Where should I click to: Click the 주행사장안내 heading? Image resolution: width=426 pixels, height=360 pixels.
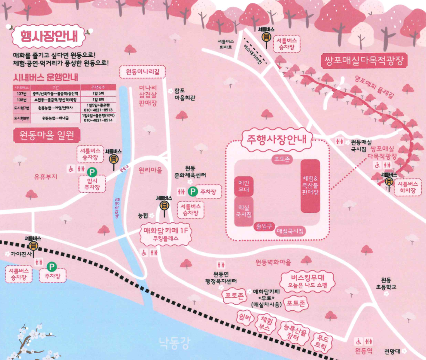(277, 139)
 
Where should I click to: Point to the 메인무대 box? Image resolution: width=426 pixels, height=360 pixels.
(243, 186)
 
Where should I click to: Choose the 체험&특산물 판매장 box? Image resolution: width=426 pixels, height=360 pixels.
(310, 186)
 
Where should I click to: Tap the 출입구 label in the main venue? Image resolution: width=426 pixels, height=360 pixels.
(264, 226)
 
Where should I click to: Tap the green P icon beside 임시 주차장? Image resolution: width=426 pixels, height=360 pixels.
(91, 172)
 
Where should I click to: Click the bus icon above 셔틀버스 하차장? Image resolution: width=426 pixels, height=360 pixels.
(389, 182)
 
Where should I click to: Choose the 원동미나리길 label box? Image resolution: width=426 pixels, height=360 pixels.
(142, 72)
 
